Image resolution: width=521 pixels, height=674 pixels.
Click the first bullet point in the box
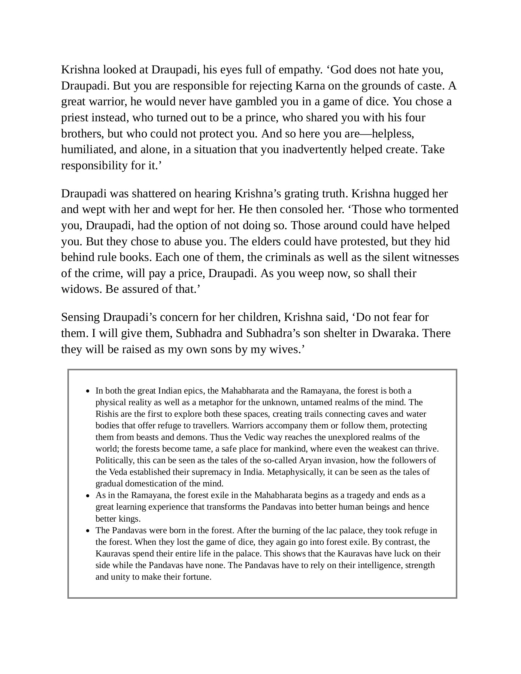[88, 391]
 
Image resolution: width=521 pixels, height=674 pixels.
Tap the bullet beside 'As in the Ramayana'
[88, 496]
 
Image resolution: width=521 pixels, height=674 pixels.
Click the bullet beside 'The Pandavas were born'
[88, 531]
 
